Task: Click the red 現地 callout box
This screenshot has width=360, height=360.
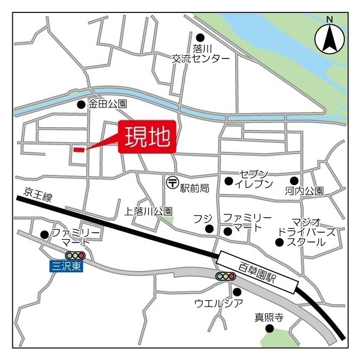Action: click(147, 137)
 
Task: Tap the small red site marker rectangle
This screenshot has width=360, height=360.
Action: click(79, 150)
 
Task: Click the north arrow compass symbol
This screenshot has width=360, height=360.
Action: click(329, 38)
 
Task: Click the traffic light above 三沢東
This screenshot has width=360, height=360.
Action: click(75, 256)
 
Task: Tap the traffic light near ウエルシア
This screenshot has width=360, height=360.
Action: click(226, 276)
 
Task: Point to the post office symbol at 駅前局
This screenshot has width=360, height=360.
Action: click(172, 182)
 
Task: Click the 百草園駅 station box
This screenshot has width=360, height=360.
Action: click(258, 272)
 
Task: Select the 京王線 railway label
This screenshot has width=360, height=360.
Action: click(38, 195)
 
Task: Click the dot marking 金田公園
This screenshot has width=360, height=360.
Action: click(81, 104)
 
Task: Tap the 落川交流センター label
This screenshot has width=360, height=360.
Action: click(201, 53)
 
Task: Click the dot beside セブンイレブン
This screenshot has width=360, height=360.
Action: click(228, 181)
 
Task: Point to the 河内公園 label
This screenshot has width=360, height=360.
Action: click(304, 191)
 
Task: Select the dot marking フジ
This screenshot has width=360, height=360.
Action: click(209, 228)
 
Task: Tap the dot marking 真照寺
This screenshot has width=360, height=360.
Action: click(269, 328)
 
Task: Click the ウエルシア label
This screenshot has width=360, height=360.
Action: click(219, 304)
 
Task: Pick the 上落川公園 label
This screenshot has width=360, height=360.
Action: click(148, 211)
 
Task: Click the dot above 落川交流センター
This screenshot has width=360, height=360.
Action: click(199, 37)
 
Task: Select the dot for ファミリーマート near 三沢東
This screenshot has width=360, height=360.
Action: click(44, 235)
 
